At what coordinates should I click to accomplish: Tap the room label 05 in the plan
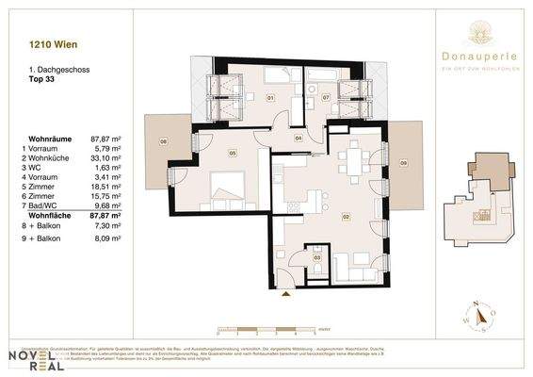[231, 153]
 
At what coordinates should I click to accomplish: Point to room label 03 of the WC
[317, 256]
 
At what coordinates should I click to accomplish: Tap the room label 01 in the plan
[268, 97]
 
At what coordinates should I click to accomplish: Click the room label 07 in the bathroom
[326, 97]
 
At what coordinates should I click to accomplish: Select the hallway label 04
[298, 139]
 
